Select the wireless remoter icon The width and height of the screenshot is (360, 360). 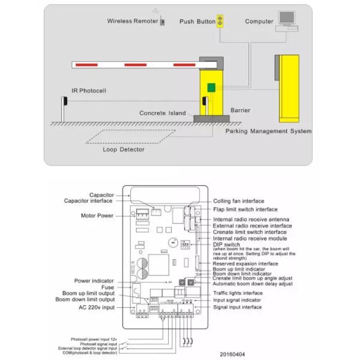click(163, 22)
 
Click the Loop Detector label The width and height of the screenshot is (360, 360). click(123, 149)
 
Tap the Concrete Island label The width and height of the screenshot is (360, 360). click(163, 113)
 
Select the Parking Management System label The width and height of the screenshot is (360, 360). click(268, 131)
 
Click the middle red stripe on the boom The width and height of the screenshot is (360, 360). click(134, 63)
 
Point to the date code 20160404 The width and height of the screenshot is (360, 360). click(232, 353)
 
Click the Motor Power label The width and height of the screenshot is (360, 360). click(97, 215)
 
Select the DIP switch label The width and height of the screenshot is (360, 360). click(226, 245)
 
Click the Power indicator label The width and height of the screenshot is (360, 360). click(94, 280)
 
